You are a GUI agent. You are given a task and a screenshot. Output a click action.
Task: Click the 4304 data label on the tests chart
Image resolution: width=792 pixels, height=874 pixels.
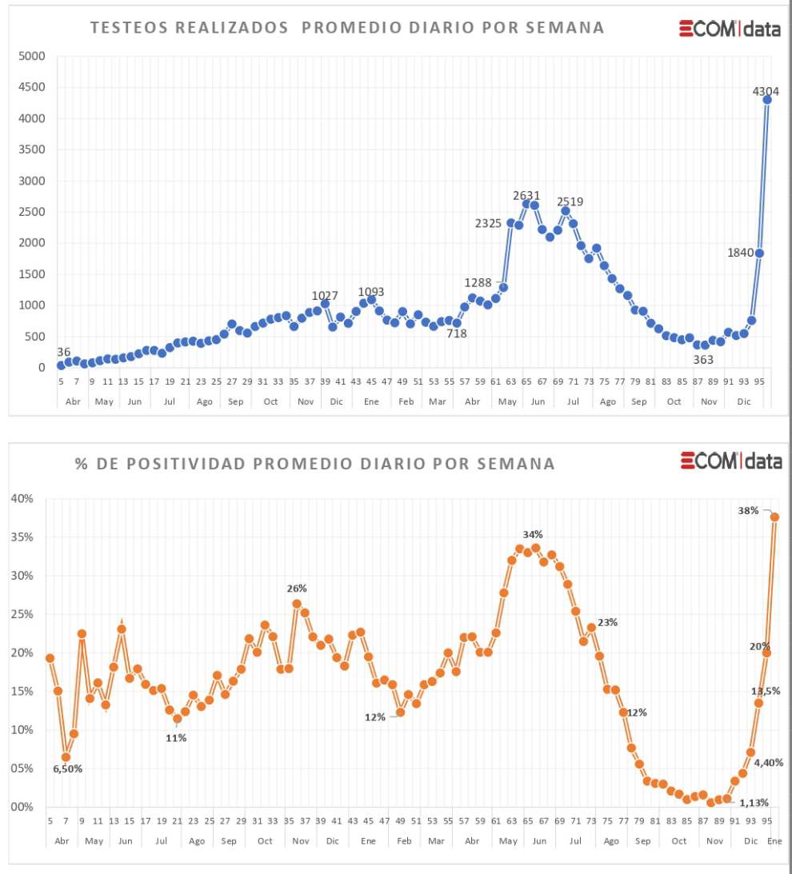[x=766, y=91]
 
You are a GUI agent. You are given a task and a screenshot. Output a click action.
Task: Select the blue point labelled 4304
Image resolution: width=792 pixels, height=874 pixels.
[x=767, y=99]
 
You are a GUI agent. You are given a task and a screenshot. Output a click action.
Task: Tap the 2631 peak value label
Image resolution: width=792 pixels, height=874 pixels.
[x=526, y=195]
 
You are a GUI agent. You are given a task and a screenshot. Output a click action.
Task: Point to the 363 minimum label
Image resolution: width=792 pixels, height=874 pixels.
[x=703, y=360]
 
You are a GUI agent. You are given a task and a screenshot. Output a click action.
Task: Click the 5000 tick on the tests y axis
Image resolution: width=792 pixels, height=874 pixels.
[x=32, y=56]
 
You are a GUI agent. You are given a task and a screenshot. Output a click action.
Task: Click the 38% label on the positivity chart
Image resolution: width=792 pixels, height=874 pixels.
[x=749, y=510]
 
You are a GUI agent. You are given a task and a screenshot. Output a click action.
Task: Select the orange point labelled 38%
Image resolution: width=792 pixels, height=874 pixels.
[x=774, y=517]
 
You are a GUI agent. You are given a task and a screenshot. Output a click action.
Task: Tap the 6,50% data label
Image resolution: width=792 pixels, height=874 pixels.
[x=68, y=768]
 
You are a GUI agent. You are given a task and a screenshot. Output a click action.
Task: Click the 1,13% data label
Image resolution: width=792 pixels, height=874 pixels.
[x=754, y=803]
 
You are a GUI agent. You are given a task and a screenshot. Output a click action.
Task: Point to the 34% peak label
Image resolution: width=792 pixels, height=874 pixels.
[x=533, y=534]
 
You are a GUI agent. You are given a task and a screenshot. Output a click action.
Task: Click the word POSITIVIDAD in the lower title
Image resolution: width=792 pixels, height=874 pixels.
[x=176, y=463]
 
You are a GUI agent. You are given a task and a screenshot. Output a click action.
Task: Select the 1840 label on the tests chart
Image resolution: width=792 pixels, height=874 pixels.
[x=741, y=253]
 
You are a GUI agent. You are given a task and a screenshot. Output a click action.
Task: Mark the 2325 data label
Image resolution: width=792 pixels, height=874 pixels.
[x=488, y=223]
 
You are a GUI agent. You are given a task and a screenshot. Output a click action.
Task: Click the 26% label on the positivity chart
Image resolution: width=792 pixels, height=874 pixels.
[x=297, y=589]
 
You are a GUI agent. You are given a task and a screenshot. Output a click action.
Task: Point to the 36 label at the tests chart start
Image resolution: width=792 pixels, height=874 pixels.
[x=64, y=352]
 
